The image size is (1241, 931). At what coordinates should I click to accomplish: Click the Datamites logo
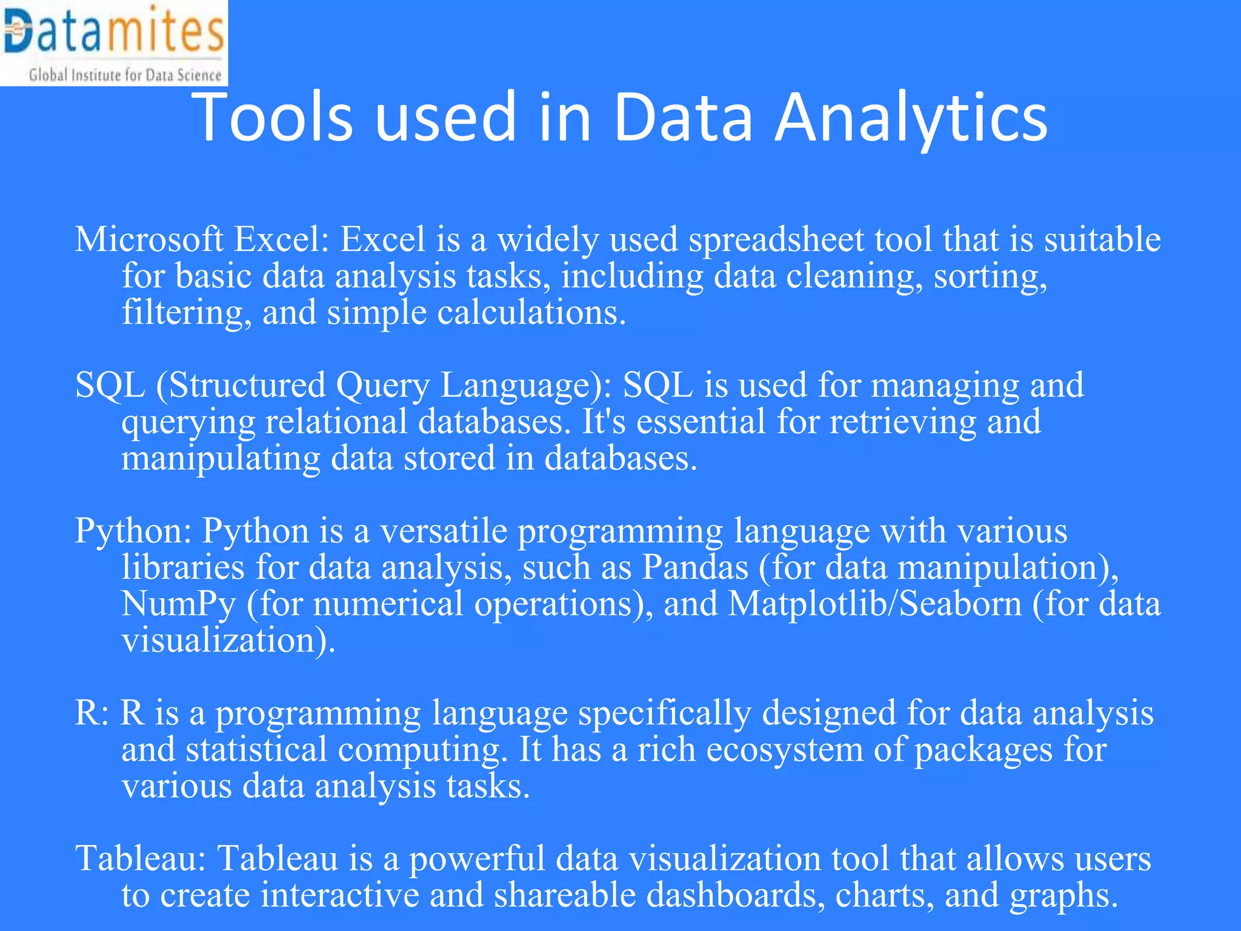114,33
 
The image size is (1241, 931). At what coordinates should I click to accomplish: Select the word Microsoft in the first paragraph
149,239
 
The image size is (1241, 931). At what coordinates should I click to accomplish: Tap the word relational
337,422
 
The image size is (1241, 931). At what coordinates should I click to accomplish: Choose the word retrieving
903,422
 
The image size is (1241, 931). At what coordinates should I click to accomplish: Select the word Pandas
695,568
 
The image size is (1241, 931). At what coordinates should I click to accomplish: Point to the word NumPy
178,605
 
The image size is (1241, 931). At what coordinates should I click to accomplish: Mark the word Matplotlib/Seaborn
875,604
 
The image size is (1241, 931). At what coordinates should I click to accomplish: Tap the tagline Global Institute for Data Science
125,75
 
